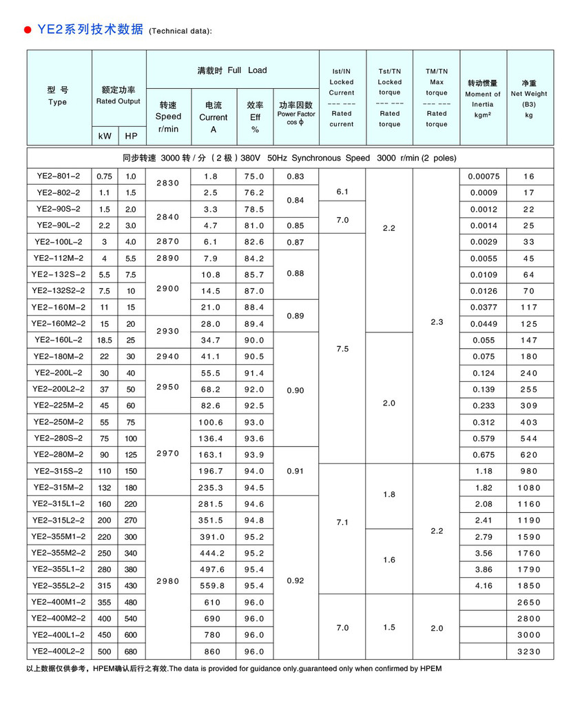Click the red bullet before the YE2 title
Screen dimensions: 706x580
(28, 30)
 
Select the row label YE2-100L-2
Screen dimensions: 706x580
(59, 242)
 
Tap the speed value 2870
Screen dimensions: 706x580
(169, 242)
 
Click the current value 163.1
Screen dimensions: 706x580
(214, 455)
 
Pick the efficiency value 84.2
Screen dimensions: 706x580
(254, 259)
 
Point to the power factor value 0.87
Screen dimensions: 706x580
(296, 242)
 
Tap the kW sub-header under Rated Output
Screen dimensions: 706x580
(105, 137)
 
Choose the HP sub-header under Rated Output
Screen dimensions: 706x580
(131, 137)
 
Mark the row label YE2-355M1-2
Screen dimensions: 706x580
(59, 536)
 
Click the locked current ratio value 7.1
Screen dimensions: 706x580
(342, 523)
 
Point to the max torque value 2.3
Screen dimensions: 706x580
(436, 322)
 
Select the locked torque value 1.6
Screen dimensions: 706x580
(389, 560)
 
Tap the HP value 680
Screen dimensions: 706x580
(131, 651)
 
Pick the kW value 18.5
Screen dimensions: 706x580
(105, 340)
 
